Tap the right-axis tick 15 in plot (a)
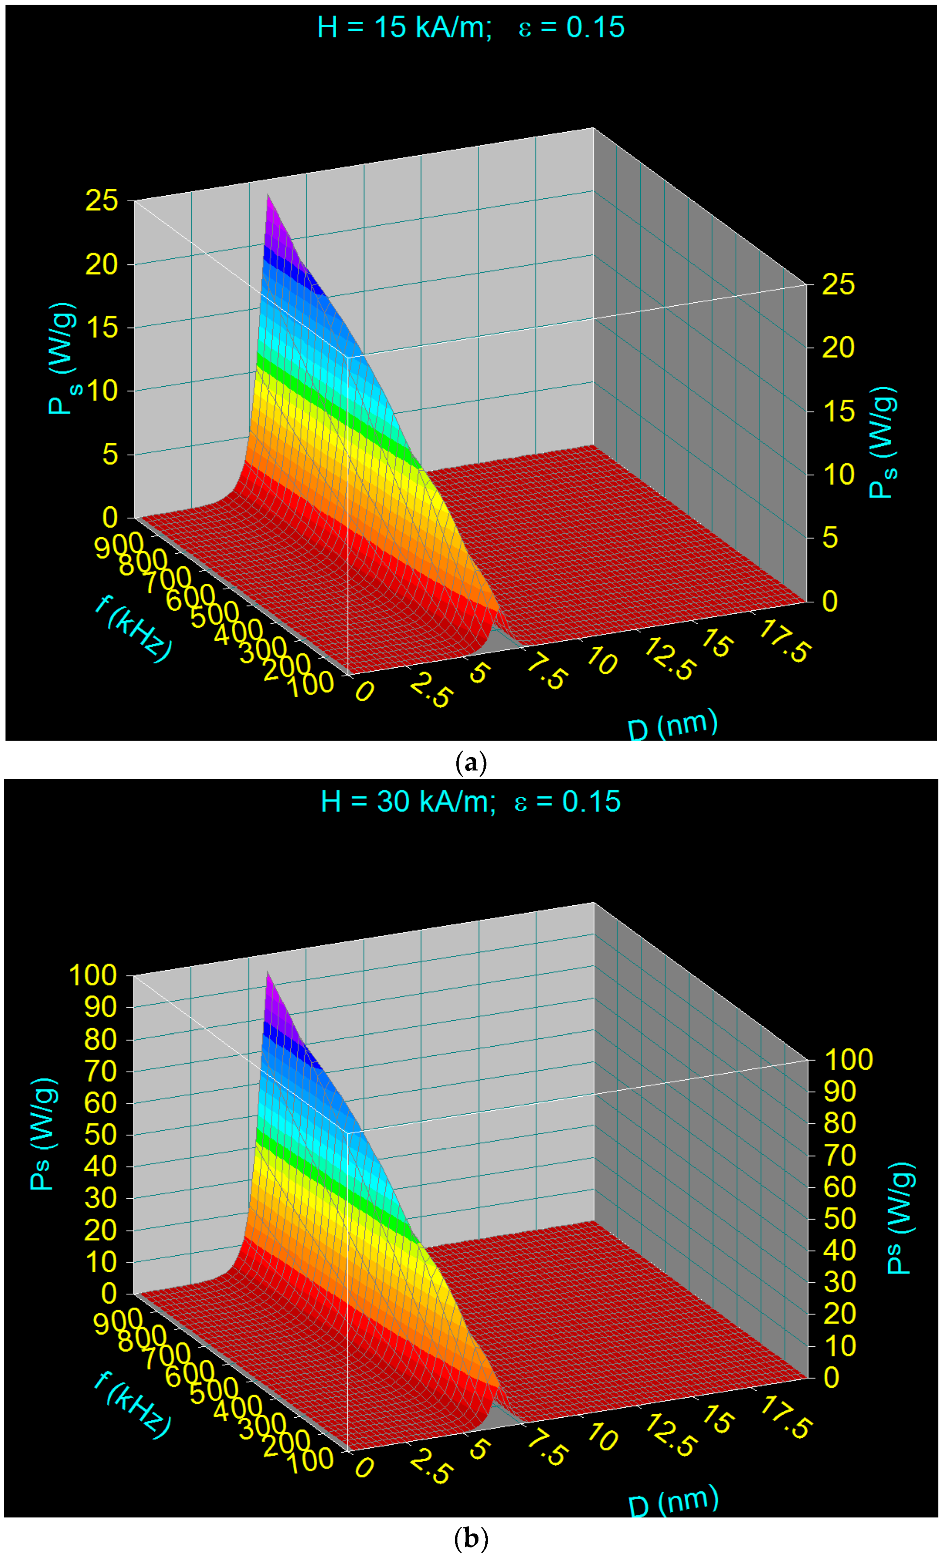(x=838, y=411)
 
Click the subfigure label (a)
(x=471, y=763)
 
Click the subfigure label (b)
(x=471, y=1538)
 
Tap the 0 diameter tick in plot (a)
(x=364, y=691)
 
